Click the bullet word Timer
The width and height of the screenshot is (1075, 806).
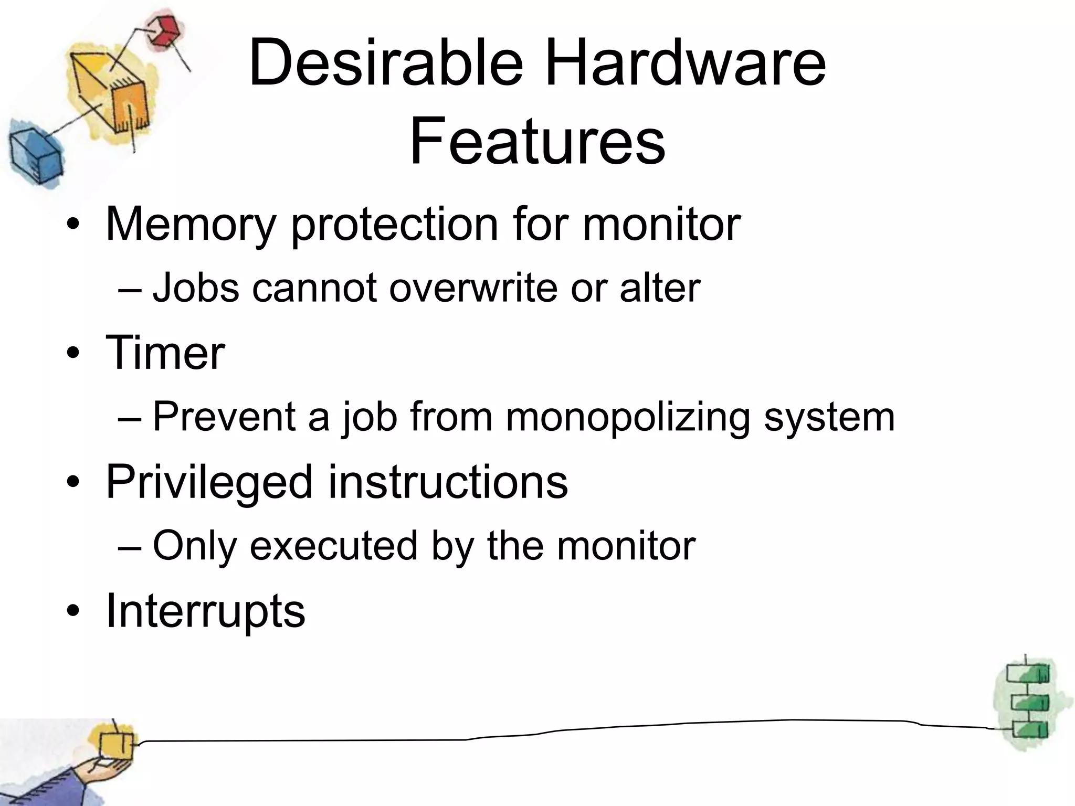click(x=165, y=353)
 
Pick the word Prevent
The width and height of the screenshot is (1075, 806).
click(x=225, y=417)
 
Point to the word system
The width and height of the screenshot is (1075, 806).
click(x=829, y=418)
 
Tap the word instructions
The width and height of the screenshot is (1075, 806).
click(x=448, y=482)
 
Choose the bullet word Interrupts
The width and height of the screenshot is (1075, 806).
click(x=205, y=611)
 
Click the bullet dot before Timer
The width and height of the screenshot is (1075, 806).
click(x=72, y=353)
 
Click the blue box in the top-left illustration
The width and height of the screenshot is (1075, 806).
click(x=34, y=153)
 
